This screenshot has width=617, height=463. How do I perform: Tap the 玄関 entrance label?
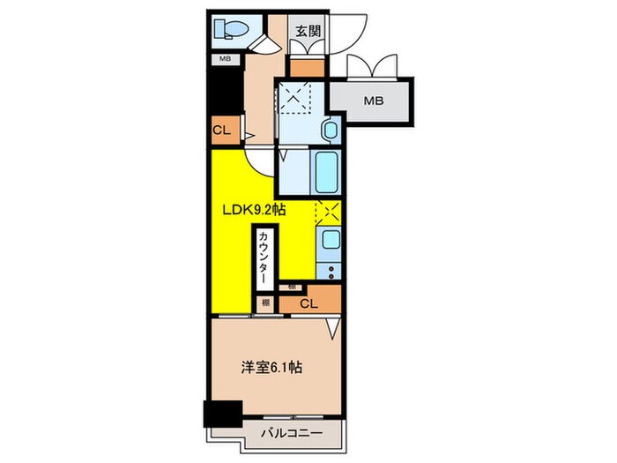click(x=308, y=31)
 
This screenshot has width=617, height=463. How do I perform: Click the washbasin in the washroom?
click(x=329, y=131)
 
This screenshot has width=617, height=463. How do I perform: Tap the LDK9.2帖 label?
click(x=253, y=209)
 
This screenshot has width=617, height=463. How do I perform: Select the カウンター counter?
click(x=264, y=257)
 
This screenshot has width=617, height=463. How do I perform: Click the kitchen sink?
click(x=329, y=241)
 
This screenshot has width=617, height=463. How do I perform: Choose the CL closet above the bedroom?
click(x=308, y=303)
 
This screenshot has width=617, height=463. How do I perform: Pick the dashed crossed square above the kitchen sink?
click(x=328, y=213)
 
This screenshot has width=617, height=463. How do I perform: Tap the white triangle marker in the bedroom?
click(x=332, y=330)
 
